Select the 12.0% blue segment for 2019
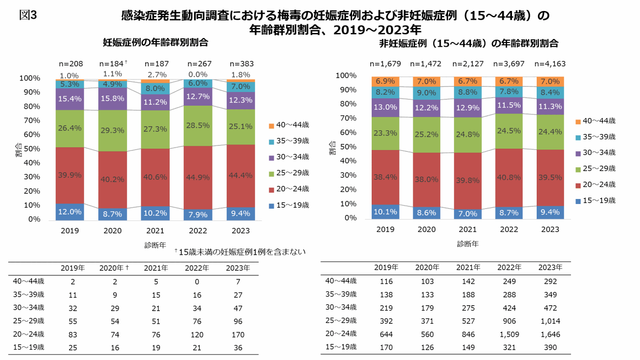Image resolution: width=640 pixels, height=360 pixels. pos(69,211)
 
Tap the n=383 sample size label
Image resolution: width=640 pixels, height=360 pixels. pos(241,64)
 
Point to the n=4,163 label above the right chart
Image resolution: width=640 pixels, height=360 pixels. pos(550,64)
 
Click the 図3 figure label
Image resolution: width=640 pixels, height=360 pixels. pos(28,15)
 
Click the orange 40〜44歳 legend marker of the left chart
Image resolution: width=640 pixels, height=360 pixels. pos(271,125)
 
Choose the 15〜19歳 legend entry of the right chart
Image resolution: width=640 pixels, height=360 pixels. pos(596,200)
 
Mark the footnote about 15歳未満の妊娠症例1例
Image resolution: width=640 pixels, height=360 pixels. pos(240,252)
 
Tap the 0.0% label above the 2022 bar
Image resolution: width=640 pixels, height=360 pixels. pos(198,75)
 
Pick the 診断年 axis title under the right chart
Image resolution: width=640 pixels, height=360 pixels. pos(468,244)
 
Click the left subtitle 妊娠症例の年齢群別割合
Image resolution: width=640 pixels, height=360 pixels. pos(155,43)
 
